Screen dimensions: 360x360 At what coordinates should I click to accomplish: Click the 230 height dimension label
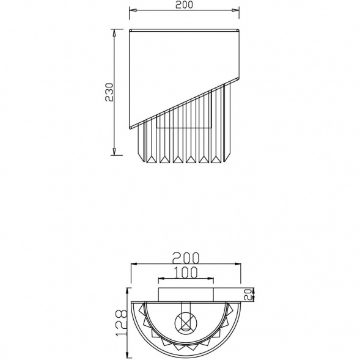(x=109, y=92)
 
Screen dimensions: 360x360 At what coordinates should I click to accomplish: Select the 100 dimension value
(x=186, y=273)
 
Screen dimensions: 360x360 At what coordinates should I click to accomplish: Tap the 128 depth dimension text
(x=121, y=323)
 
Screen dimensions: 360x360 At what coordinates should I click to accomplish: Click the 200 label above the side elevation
(x=184, y=5)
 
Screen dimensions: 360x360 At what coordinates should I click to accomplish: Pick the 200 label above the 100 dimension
(x=186, y=258)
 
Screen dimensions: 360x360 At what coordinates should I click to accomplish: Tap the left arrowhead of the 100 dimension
(x=162, y=279)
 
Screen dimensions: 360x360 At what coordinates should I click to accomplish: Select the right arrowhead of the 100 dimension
(x=210, y=279)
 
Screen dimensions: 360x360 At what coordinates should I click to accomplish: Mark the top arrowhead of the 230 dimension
(x=114, y=33)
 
